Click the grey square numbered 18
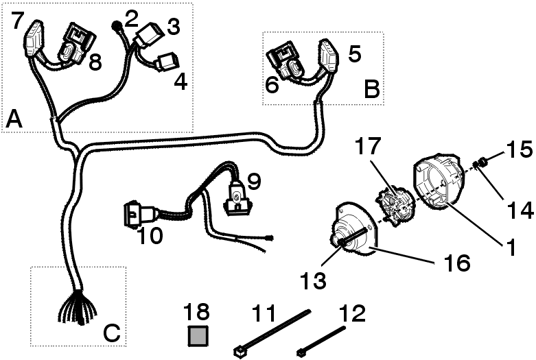pos(198,336)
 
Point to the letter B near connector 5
pos(371,90)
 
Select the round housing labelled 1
pos(439,182)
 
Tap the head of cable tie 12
pos(301,352)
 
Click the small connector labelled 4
pos(167,64)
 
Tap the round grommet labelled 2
pos(116,27)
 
